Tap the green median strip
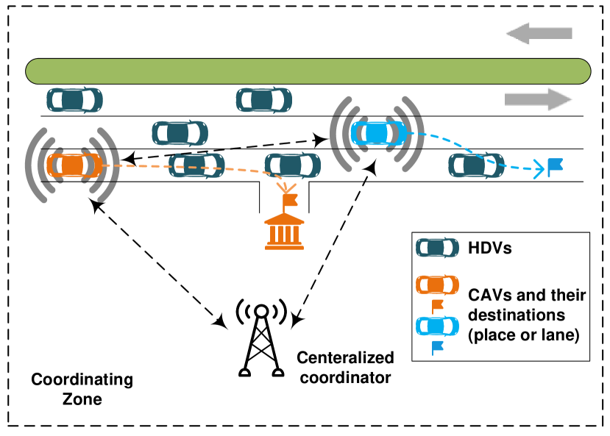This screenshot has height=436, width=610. [308, 71]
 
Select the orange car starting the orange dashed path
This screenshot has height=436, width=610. [74, 165]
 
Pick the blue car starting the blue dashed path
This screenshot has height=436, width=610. [378, 133]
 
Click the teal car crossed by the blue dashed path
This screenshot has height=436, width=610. [476, 165]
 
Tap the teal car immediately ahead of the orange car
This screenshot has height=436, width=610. [196, 165]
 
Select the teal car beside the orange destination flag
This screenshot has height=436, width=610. [293, 165]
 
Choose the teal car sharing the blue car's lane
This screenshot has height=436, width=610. [180, 133]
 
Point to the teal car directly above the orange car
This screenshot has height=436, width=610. [74, 100]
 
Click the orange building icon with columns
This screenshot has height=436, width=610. [284, 232]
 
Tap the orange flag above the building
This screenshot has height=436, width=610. [289, 200]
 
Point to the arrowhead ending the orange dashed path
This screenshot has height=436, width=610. [286, 187]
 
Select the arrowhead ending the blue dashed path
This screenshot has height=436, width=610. [539, 169]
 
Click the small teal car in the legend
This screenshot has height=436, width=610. [437, 248]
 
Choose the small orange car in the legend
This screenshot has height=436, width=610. [437, 285]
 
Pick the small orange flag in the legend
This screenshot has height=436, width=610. [437, 305]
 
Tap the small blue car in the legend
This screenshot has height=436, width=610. [437, 326]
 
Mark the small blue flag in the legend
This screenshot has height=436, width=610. [437, 347]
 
